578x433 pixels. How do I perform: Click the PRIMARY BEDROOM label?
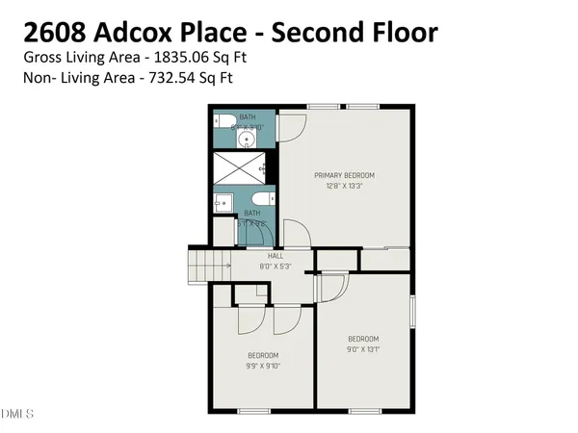344,175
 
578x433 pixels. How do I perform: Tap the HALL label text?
275,256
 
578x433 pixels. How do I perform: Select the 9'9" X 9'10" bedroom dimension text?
262,365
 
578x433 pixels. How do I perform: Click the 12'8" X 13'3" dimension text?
344,187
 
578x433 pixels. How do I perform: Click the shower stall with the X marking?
245,166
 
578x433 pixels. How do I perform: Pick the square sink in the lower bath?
222,202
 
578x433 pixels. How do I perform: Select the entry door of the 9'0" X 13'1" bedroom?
332,288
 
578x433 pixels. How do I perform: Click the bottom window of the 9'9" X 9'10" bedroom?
253,410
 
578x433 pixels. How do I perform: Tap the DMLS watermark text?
17,415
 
